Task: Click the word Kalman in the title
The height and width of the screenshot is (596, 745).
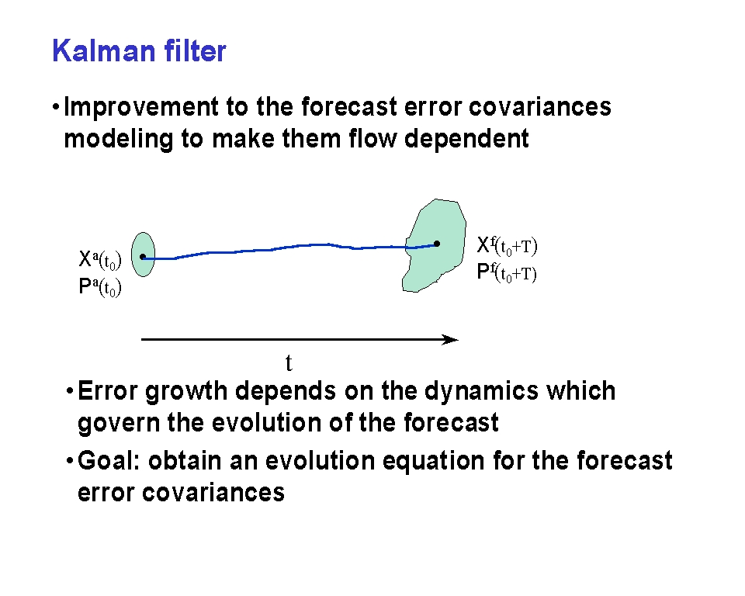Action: point(104,50)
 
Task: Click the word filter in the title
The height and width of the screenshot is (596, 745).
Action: point(196,50)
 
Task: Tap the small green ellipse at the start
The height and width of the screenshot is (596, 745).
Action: point(143,255)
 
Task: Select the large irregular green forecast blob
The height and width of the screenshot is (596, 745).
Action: point(434,245)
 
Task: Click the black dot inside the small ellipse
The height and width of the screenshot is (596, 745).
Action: point(143,257)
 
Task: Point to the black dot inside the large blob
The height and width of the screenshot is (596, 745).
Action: point(437,244)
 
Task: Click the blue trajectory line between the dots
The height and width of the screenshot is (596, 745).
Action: point(289,248)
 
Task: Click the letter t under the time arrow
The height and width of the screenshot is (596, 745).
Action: point(289,363)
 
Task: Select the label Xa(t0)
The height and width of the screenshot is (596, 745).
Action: point(100,259)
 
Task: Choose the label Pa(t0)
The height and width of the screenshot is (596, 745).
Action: point(100,287)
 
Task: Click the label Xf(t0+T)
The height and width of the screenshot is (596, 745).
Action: point(507,246)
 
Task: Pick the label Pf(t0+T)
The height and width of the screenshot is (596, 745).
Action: point(507,273)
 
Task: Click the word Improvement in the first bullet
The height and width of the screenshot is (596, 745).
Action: point(141,107)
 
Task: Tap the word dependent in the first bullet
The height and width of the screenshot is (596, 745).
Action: point(466,139)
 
